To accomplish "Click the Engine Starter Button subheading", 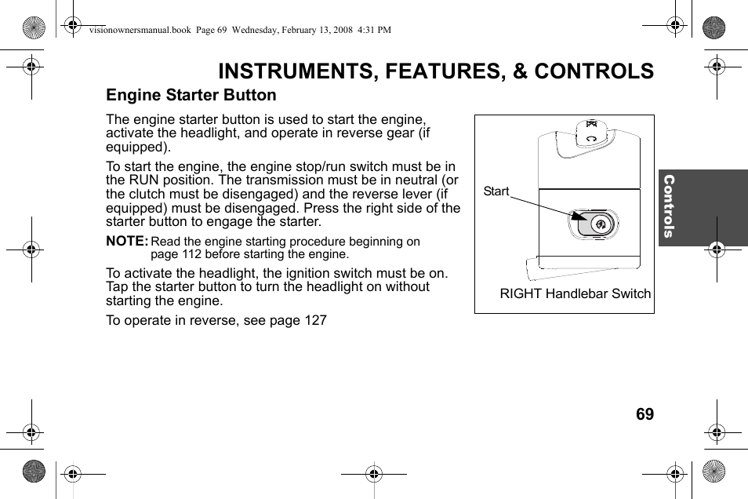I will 191,95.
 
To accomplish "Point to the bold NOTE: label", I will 126,242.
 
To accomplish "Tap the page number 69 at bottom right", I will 645,414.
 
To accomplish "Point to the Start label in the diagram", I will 496,191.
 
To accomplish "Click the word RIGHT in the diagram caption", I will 520,294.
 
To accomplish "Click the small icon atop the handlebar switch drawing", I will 592,123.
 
